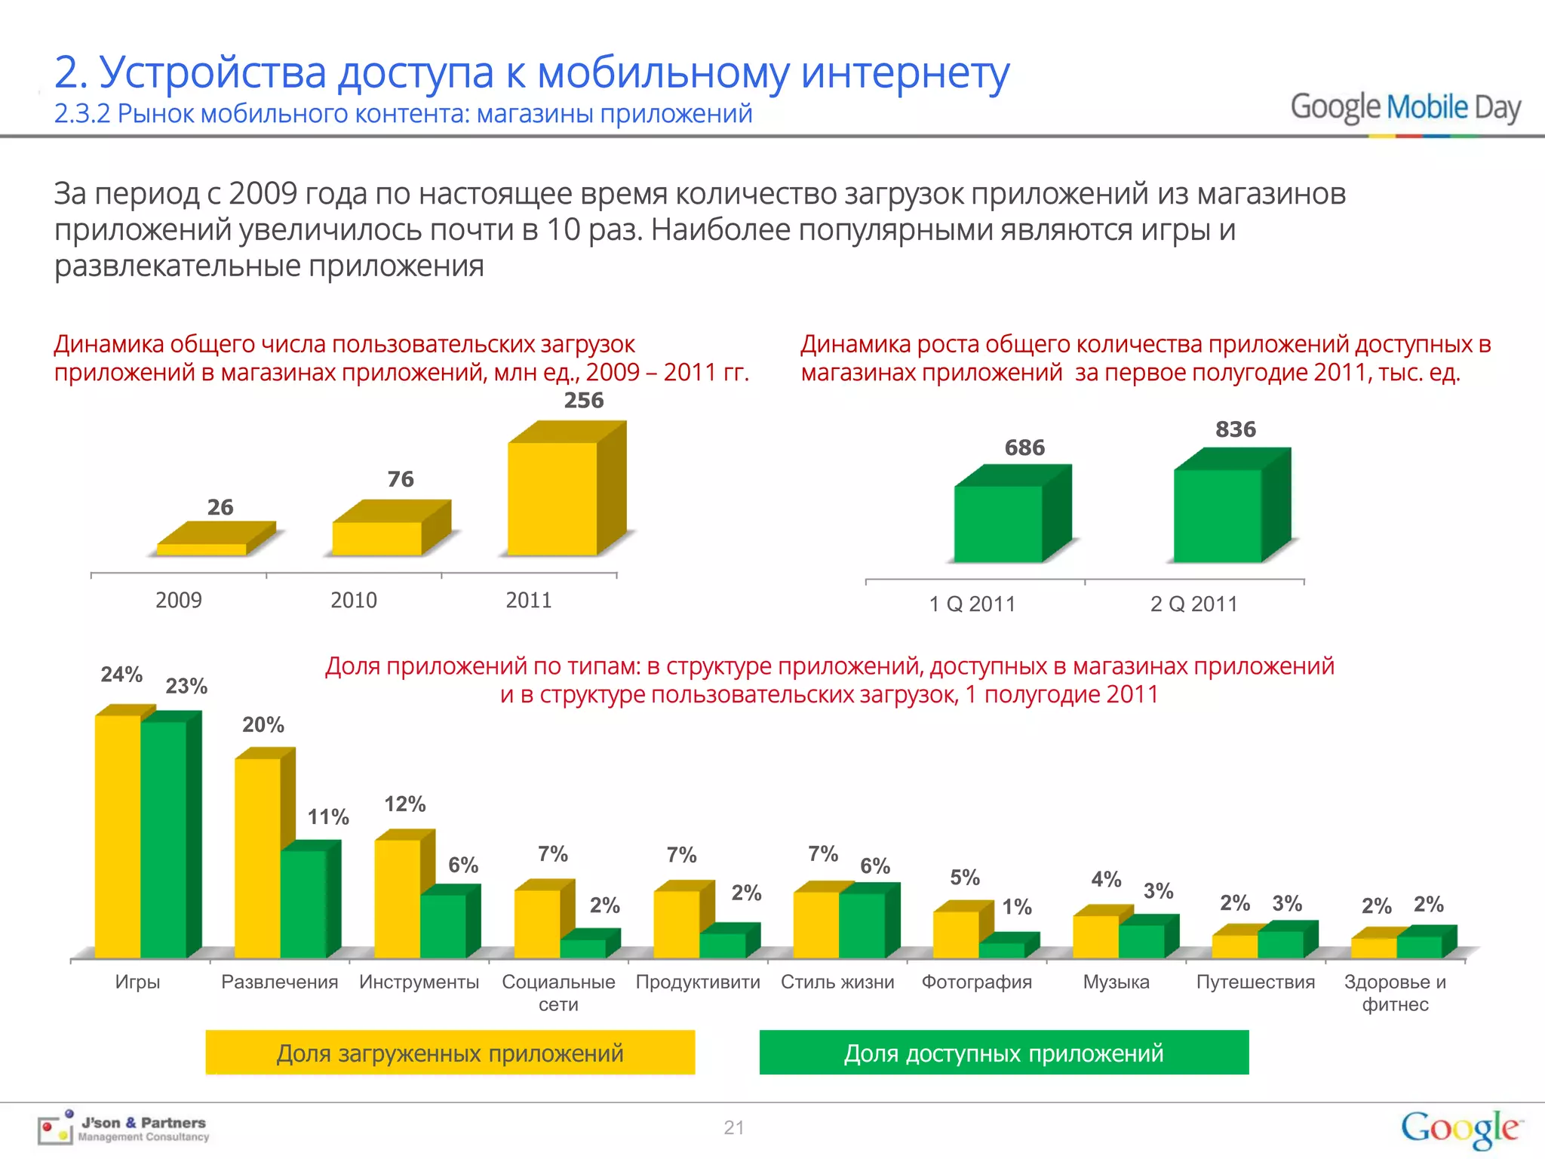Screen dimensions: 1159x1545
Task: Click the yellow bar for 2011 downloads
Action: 553,498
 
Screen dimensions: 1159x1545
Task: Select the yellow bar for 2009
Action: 201,549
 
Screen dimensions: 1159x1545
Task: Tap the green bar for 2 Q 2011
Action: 1218,515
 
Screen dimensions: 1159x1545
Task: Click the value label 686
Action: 1024,447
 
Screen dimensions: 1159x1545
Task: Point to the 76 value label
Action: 401,479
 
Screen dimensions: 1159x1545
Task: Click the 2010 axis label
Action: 353,601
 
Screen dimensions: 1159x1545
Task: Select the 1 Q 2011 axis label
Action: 972,604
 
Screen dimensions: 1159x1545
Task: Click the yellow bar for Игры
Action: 118,836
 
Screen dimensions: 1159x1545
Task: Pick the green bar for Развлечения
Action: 303,903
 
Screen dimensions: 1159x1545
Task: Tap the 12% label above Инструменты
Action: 405,804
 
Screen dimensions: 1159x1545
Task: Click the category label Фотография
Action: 976,982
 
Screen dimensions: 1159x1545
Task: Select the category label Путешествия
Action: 1255,982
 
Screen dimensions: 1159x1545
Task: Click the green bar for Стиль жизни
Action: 862,925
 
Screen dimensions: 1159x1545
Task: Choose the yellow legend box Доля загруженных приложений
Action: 450,1053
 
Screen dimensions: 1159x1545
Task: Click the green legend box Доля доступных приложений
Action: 1004,1053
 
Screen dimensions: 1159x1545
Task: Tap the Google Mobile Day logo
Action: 1405,108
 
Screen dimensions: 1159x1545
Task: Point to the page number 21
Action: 733,1128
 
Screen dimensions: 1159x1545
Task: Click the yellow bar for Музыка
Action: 1095,936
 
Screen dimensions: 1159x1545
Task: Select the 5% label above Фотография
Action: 964,878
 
